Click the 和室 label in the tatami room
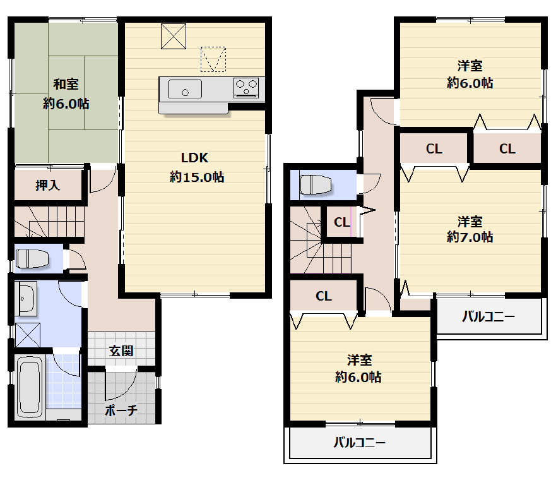click(x=66, y=84)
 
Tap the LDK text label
click(x=194, y=157)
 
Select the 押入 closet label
click(x=47, y=185)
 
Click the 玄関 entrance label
click(x=121, y=351)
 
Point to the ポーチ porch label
click(x=121, y=410)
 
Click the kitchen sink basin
click(x=185, y=89)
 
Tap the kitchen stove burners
click(x=246, y=87)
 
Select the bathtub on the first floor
click(x=30, y=388)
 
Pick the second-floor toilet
click(x=315, y=184)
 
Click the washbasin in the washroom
click(x=26, y=298)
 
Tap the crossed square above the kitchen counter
click(x=174, y=36)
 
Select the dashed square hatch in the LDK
click(x=213, y=59)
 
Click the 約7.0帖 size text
click(x=470, y=237)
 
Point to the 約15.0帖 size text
click(x=197, y=177)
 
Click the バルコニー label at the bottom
click(x=359, y=443)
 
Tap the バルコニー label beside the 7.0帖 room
click(x=488, y=316)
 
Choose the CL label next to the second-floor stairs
click(x=342, y=222)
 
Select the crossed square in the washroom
click(x=28, y=335)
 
